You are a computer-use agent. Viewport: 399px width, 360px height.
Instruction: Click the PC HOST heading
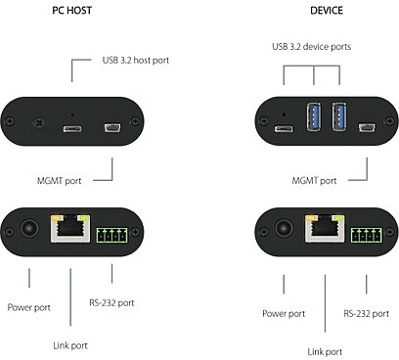71,11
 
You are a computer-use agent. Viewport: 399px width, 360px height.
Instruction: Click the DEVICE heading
327,11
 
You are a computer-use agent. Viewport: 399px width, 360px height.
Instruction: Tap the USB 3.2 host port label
136,61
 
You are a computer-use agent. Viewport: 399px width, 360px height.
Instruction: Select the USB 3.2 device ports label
312,47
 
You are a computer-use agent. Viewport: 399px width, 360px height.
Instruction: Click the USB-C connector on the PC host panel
72,128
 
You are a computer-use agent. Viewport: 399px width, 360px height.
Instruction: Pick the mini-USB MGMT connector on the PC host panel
112,127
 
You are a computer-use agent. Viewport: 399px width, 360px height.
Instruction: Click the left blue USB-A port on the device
314,116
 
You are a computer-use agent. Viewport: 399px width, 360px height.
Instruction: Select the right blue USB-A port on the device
339,116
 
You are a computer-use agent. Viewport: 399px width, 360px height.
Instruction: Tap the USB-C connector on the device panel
284,128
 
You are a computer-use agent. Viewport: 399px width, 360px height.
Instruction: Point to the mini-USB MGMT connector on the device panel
367,127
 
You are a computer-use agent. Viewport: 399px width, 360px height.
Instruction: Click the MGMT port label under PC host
59,181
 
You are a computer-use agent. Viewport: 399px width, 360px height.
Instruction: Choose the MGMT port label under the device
314,181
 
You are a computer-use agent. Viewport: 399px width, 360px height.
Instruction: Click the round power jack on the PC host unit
29,228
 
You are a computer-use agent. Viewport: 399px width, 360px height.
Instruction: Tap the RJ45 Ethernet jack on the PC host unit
70,228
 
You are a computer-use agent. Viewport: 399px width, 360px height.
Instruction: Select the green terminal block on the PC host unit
111,235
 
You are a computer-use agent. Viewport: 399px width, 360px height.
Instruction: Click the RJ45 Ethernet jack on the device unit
325,228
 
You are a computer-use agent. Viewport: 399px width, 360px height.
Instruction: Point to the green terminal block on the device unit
367,235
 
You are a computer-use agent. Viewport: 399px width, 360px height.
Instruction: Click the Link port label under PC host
70,345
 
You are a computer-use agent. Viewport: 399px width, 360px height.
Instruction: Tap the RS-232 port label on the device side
366,314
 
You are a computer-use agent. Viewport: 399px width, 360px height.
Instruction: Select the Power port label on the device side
284,314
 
